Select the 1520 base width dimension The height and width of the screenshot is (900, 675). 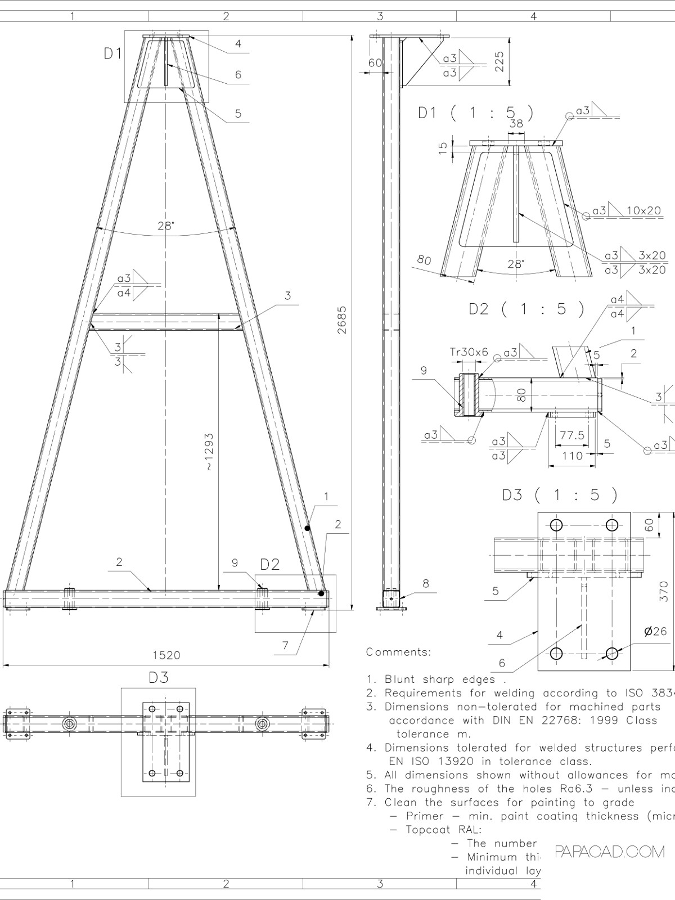click(166, 655)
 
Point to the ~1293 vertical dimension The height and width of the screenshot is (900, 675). click(209, 452)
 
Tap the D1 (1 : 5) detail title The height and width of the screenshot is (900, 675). click(475, 112)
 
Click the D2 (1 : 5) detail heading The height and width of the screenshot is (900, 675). click(526, 309)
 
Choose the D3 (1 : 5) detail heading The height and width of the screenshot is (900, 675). click(560, 495)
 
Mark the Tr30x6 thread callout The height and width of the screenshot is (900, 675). click(469, 352)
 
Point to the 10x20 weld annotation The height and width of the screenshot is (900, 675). click(643, 210)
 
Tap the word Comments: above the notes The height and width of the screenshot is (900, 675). click(398, 652)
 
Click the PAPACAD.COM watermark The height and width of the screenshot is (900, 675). click(610, 852)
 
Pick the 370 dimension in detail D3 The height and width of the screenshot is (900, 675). click(663, 591)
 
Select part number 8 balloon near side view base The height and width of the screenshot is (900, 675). click(426, 583)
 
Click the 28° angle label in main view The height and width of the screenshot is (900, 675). click(165, 226)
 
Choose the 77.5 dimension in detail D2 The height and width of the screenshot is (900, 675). click(572, 435)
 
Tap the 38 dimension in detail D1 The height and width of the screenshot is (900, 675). click(516, 124)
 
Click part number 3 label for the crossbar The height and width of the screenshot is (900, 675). click(287, 295)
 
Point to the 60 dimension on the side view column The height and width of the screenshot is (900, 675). click(375, 62)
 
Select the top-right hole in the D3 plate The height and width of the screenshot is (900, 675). click(612, 525)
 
